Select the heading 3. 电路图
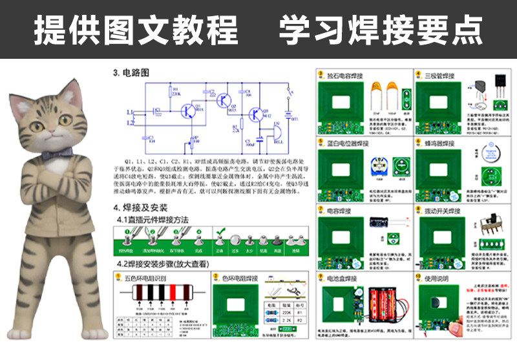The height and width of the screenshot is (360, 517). (131, 73)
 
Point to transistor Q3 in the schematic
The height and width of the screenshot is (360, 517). (257, 116)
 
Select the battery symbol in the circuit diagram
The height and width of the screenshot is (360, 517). (288, 117)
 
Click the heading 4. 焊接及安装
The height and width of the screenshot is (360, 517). (140, 208)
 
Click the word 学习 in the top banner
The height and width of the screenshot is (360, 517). (301, 29)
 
